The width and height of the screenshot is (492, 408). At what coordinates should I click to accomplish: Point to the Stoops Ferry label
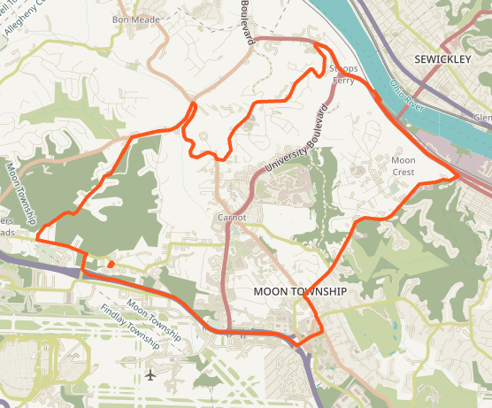click(342, 74)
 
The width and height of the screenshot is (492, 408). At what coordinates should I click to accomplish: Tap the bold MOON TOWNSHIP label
click(299, 291)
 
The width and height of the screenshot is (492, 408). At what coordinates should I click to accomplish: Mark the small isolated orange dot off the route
click(110, 263)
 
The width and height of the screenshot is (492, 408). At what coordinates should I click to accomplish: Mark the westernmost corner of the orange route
click(38, 236)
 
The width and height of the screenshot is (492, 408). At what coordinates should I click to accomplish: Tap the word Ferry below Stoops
click(342, 81)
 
